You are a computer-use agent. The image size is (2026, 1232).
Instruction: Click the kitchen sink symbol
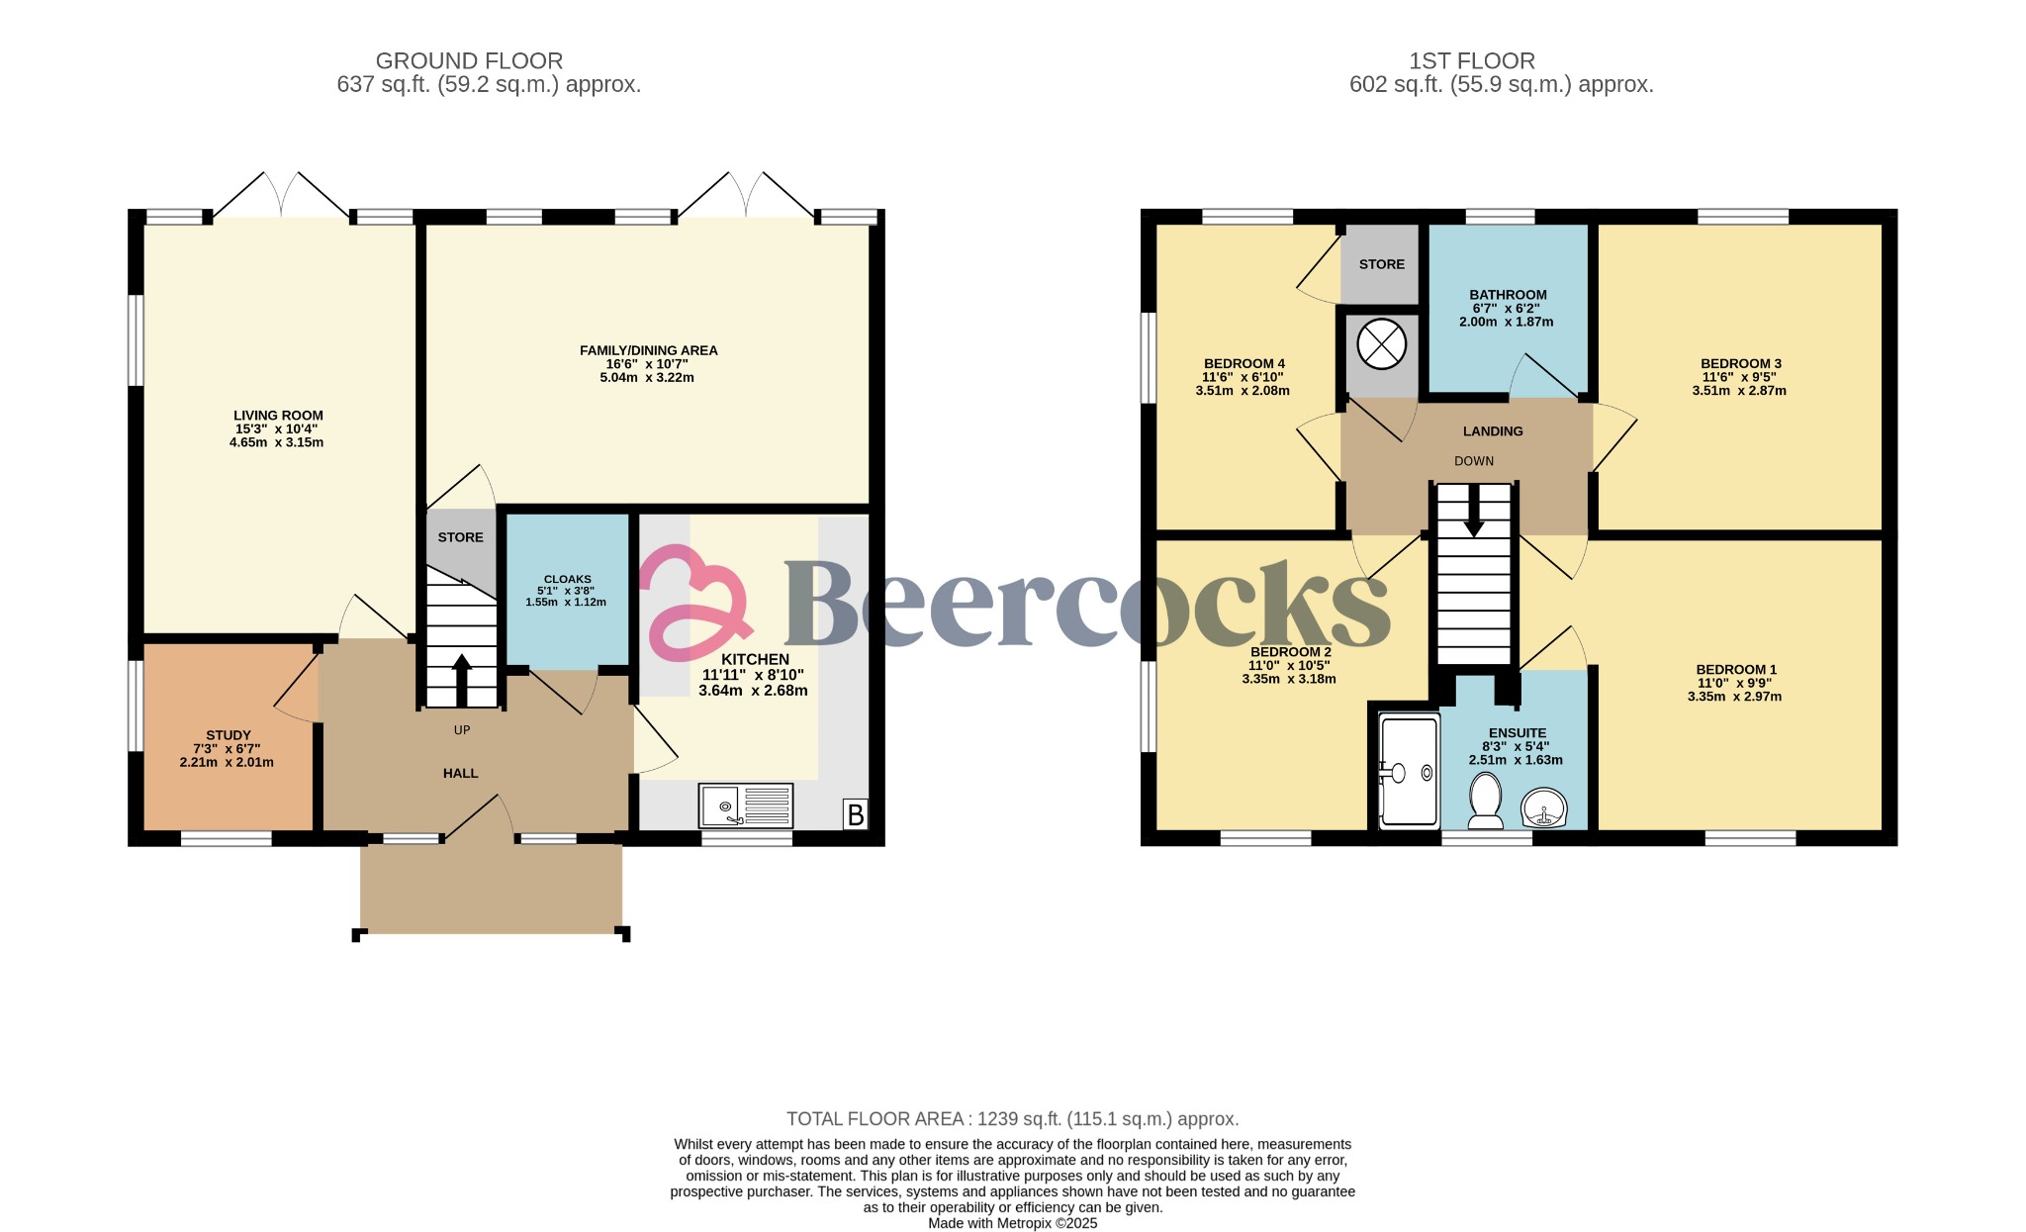coord(745,806)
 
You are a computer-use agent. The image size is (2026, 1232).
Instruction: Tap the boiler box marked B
coord(856,814)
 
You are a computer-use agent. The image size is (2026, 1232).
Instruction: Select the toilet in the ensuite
coord(1485,800)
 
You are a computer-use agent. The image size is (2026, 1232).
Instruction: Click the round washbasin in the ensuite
coord(1543,807)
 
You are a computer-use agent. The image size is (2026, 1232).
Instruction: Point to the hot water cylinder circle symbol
coord(1381,344)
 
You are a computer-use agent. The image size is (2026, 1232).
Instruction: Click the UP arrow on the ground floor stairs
coord(461,679)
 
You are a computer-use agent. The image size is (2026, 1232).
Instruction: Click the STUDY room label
coord(229,735)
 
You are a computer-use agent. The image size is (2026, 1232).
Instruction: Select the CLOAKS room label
coord(567,579)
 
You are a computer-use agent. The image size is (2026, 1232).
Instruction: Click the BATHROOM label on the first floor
coord(1508,295)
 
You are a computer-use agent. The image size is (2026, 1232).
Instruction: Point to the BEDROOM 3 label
coord(1740,363)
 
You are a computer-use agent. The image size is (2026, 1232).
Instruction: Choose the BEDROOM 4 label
coord(1243,363)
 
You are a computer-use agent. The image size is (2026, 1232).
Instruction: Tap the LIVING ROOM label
coord(278,416)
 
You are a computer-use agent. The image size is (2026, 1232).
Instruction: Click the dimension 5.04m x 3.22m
coord(647,378)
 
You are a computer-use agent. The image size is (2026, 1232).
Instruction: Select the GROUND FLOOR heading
coord(469,61)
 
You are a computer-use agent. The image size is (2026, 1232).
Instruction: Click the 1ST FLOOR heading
coord(1471,61)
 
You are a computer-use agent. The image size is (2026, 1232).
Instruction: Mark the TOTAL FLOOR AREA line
coord(1012,1119)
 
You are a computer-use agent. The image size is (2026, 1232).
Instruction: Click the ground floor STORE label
coord(460,537)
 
